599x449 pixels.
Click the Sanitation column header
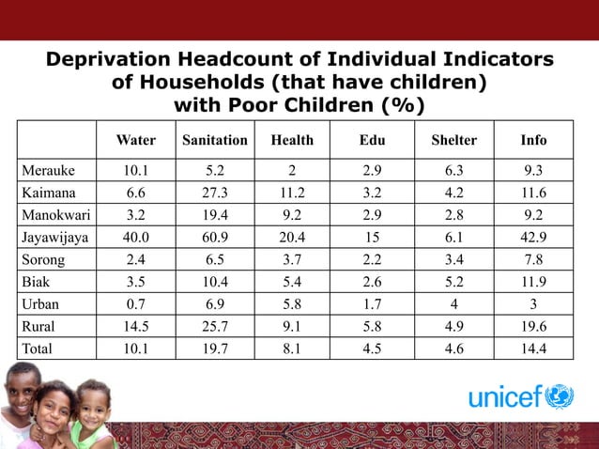[215, 141]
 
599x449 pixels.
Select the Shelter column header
[453, 141]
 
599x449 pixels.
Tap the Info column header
[533, 141]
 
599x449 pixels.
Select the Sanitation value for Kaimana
[215, 193]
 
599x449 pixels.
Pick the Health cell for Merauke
[292, 170]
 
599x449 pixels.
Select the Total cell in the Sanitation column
[215, 350]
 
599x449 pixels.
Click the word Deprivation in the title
[114, 60]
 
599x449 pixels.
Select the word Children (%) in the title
[356, 103]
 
